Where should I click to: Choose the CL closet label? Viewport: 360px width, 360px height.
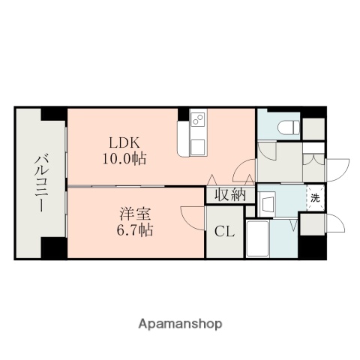[225, 232]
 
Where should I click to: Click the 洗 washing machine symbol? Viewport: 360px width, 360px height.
[316, 199]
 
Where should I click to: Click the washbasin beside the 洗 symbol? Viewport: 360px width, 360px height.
[269, 203]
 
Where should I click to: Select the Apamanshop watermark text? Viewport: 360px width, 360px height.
[179, 324]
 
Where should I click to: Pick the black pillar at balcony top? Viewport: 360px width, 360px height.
[53, 114]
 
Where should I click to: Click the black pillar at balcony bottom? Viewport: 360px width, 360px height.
[53, 247]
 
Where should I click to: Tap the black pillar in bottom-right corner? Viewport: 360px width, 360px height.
[311, 247]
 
